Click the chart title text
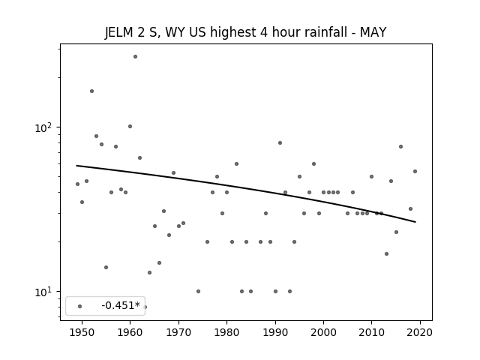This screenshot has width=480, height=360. point(245,32)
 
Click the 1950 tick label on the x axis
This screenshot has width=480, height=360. point(82,332)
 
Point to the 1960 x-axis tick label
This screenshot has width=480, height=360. point(130,332)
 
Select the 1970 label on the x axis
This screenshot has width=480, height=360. point(178,332)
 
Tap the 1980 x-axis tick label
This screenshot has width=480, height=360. point(226,332)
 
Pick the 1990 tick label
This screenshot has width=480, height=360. point(275,332)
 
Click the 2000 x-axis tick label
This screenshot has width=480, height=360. point(323,332)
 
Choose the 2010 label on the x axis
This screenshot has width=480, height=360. point(372,332)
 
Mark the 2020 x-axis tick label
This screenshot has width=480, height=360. point(420,332)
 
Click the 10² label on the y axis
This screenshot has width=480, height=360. point(45,127)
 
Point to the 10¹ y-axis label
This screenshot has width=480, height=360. point(45,292)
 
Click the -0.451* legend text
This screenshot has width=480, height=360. point(121,305)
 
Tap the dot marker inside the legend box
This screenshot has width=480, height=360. point(80,307)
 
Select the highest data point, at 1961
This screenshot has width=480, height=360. point(135,57)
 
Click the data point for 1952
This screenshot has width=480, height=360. point(91,91)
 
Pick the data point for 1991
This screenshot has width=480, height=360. point(280,143)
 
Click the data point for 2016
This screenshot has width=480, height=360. point(401,147)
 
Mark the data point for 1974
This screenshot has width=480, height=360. point(198,292)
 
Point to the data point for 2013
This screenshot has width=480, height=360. point(387,253)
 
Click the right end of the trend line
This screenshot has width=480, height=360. point(415,222)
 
